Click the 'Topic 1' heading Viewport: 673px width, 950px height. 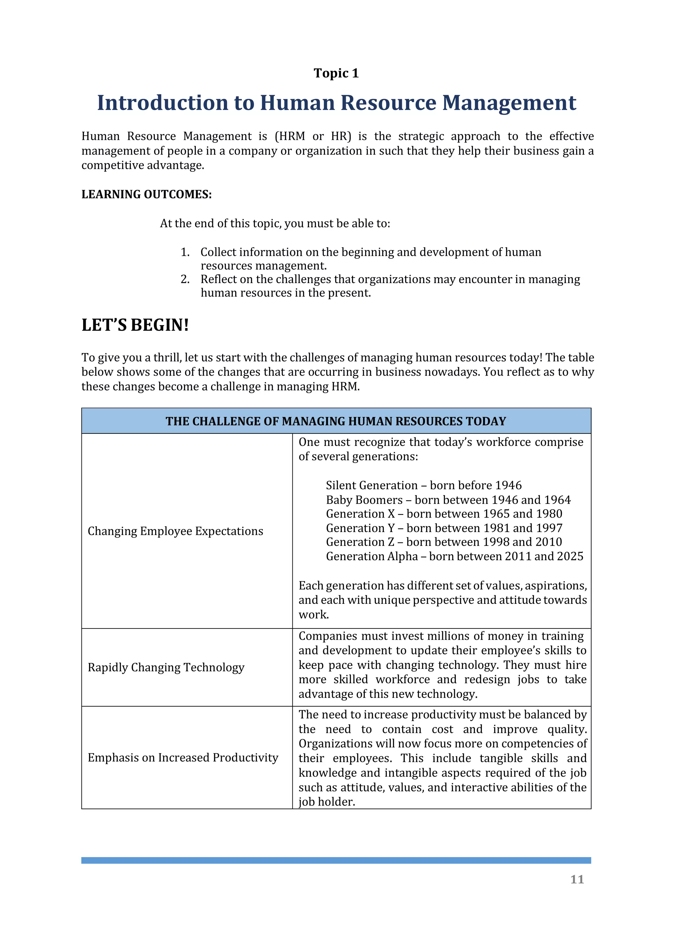tap(336, 73)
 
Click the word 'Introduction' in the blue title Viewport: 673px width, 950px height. tap(162, 103)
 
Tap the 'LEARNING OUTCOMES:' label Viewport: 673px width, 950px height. tap(146, 194)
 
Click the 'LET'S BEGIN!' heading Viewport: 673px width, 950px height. tap(135, 325)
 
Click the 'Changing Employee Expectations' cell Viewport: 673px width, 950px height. tap(175, 531)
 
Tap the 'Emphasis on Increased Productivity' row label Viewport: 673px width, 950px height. tap(183, 758)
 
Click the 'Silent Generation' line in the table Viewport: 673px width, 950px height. tap(424, 485)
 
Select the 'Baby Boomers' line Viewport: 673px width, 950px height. tap(448, 500)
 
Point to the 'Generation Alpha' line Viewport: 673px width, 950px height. tap(454, 556)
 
